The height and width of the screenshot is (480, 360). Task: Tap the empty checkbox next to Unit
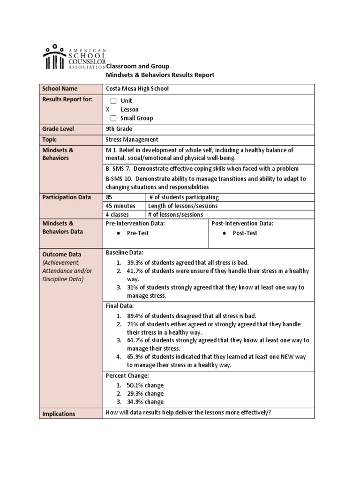(113, 101)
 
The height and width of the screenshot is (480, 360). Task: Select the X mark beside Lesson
(108, 109)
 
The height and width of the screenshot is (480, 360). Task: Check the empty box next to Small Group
(113, 118)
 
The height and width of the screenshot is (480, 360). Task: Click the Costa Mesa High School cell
(137, 89)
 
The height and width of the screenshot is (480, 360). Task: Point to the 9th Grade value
(120, 129)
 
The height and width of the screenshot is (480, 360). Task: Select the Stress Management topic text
(132, 139)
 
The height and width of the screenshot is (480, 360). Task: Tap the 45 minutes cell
(121, 206)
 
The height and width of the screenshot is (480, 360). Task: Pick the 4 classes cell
(117, 215)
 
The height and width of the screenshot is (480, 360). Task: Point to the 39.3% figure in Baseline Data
(135, 262)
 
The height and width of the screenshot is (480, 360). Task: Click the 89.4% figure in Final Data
(135, 315)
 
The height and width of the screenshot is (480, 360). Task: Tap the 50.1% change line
(145, 385)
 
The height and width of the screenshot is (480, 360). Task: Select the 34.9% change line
(145, 402)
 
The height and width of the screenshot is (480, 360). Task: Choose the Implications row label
(59, 414)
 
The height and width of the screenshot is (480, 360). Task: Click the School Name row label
(60, 89)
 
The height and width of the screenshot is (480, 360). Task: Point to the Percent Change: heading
(128, 375)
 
